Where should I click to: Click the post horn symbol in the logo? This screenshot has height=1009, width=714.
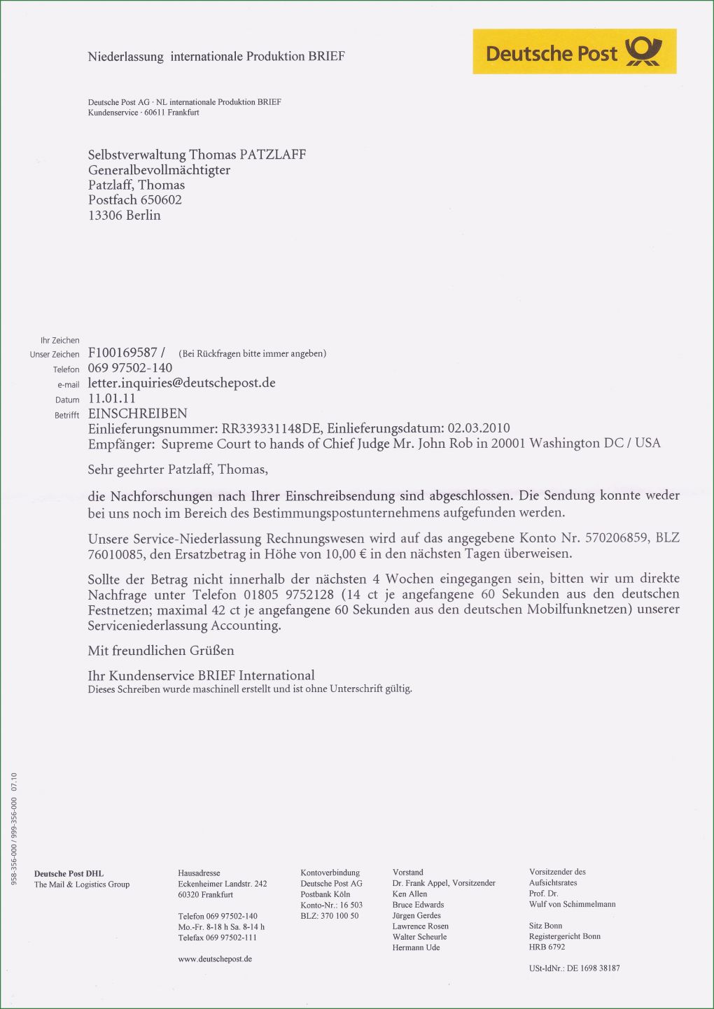click(x=643, y=51)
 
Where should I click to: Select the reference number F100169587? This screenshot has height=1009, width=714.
click(x=122, y=353)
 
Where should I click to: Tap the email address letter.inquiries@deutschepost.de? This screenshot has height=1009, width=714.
click(x=181, y=383)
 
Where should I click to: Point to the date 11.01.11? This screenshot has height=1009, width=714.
click(x=112, y=399)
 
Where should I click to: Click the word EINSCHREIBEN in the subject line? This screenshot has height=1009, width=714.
click(x=138, y=414)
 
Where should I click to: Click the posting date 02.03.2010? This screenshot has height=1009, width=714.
click(x=479, y=428)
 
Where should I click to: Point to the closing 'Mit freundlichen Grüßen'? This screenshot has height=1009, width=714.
click(x=161, y=651)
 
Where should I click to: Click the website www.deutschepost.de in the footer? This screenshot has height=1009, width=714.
click(x=215, y=959)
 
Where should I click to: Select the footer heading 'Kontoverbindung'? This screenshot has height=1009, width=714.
click(x=330, y=873)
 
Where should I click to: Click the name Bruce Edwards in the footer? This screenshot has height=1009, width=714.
click(x=418, y=905)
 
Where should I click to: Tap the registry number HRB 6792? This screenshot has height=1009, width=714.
click(x=547, y=947)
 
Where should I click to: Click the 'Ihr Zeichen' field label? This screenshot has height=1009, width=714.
click(x=60, y=341)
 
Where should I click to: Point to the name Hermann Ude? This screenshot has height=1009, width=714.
click(x=416, y=947)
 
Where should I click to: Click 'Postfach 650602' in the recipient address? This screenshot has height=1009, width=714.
click(x=135, y=200)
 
